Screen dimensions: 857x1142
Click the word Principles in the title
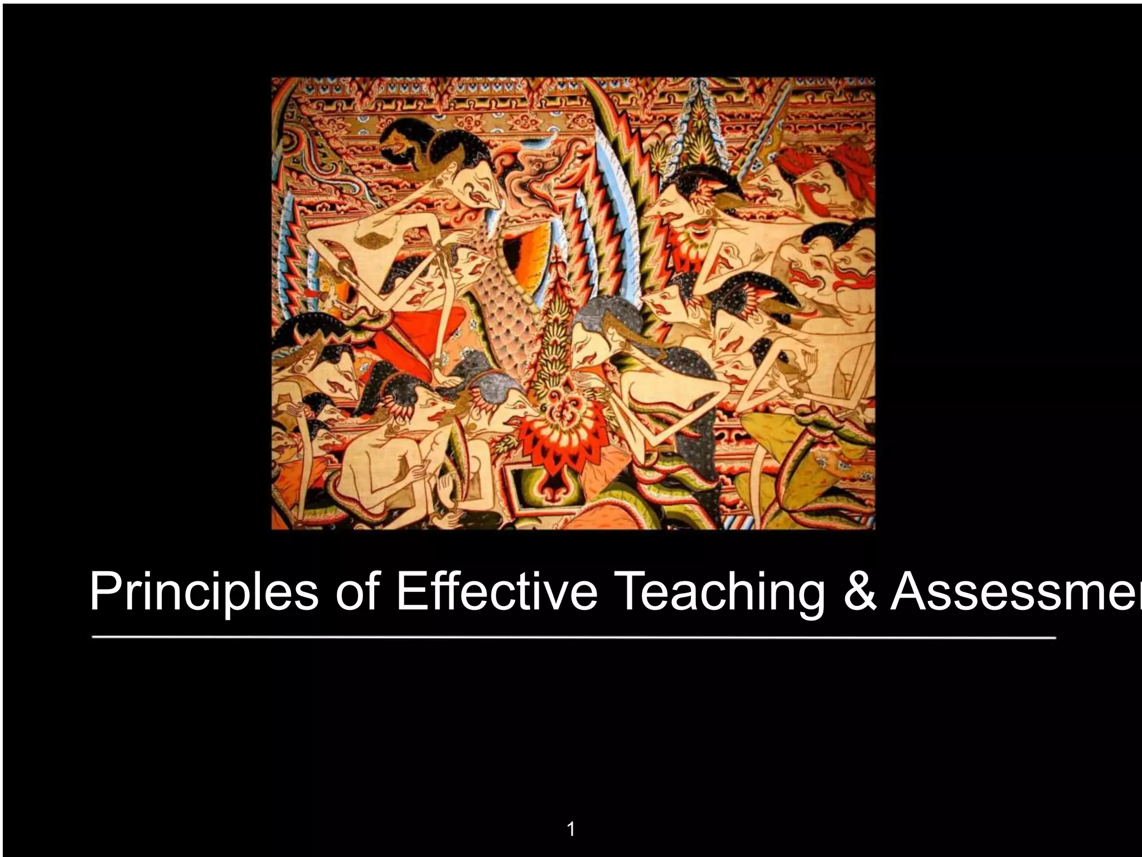click(204, 593)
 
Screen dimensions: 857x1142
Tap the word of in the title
click(357, 593)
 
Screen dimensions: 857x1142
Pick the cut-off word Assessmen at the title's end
click(1015, 593)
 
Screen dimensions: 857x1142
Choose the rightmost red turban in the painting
click(853, 151)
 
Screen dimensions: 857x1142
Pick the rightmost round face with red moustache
click(850, 268)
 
